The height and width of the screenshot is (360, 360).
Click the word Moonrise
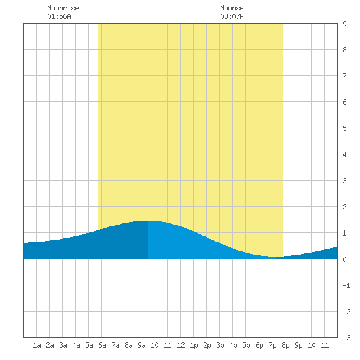[x=63, y=8]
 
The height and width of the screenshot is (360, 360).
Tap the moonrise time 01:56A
[x=59, y=16]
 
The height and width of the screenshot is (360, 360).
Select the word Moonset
[x=234, y=8]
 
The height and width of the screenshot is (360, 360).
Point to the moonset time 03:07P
[x=232, y=16]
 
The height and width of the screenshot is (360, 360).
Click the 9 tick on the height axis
[x=344, y=24]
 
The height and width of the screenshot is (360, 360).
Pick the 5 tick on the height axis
[x=344, y=128]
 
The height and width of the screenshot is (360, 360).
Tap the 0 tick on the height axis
[x=344, y=259]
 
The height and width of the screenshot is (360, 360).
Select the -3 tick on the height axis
[x=346, y=338]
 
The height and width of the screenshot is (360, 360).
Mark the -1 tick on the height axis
[x=346, y=285]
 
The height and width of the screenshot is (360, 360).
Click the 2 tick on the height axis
[x=344, y=207]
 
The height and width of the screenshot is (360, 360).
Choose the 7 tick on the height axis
[x=344, y=76]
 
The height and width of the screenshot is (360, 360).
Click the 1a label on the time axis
[x=37, y=345]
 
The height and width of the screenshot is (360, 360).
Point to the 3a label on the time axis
[x=63, y=345]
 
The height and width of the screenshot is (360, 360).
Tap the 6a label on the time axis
[x=102, y=345]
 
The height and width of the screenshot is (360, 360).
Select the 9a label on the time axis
[x=141, y=345]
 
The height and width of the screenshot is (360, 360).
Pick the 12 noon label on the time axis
[x=181, y=345]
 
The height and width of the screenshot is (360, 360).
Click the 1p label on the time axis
[x=194, y=345]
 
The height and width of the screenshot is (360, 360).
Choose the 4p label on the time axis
[x=233, y=345]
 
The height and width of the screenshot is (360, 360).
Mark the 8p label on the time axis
[x=285, y=345]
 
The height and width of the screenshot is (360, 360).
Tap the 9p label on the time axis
[x=298, y=345]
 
